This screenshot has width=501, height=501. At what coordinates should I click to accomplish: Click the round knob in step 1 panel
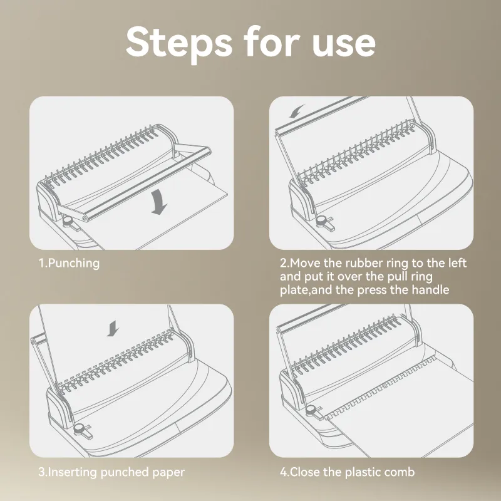click(x=68, y=221)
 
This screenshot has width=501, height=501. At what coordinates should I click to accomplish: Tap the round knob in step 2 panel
click(x=321, y=220)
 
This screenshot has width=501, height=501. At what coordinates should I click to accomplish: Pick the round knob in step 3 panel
click(x=80, y=428)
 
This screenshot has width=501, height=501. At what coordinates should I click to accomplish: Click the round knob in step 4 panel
click(x=311, y=410)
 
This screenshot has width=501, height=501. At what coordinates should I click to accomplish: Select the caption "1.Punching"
click(x=69, y=264)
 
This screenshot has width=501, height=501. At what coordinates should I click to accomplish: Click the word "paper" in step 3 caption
click(x=168, y=473)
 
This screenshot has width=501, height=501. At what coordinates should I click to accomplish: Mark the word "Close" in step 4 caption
click(x=305, y=472)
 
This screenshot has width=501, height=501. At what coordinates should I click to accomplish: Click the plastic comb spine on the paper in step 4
click(x=380, y=387)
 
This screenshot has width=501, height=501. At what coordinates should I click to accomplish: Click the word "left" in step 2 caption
click(x=457, y=263)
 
